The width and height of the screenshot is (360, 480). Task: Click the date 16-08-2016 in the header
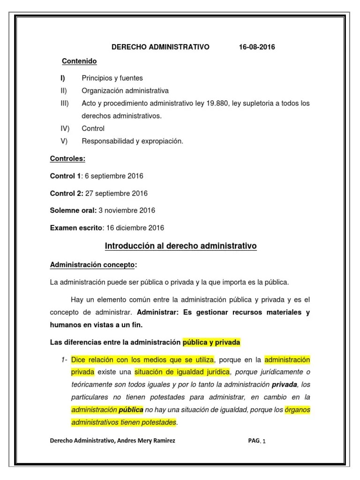coord(256,47)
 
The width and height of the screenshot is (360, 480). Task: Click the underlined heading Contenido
coord(80,61)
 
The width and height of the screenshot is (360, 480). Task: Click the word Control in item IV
coord(93,128)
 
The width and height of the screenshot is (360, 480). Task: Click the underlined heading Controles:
coord(67,158)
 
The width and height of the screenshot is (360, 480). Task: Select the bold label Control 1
coord(66,176)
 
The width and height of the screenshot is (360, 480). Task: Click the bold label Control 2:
coord(67,193)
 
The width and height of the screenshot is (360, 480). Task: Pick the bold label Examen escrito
coord(76,228)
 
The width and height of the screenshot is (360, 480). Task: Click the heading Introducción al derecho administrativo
coord(180,246)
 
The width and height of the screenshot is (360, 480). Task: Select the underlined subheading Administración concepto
coord(92,265)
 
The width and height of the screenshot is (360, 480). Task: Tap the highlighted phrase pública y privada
coord(211,342)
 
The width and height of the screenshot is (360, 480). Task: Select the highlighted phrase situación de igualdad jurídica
coord(182,372)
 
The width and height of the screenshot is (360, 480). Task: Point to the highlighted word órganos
coord(298,410)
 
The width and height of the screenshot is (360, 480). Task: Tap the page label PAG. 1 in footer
coord(257,441)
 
